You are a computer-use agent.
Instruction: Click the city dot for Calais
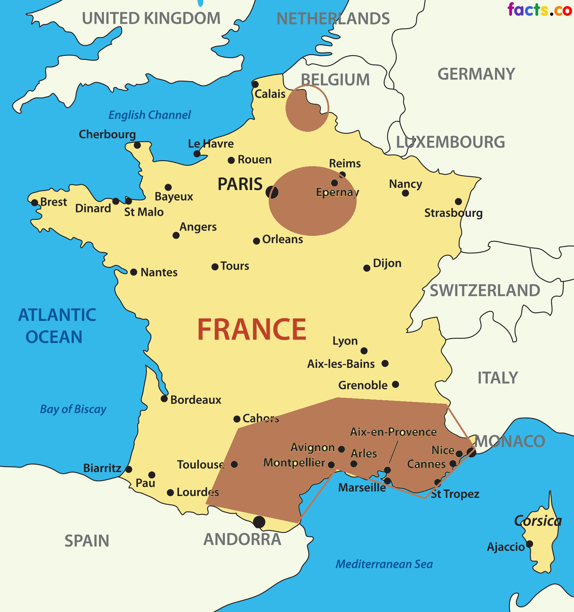[x=255, y=85]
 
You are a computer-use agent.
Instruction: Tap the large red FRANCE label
[x=252, y=330]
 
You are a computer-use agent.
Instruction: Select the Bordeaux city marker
[x=164, y=398]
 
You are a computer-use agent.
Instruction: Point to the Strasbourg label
[x=453, y=213]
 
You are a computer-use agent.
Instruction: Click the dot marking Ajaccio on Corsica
[x=530, y=544]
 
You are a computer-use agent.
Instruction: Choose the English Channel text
[x=150, y=115]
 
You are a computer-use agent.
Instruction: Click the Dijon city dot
[x=367, y=268]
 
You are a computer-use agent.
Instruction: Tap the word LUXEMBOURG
[x=450, y=142]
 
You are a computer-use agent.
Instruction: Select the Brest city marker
[x=35, y=203]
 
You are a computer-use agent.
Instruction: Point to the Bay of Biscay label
[x=73, y=409]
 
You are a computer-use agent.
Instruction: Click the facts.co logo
[x=539, y=10]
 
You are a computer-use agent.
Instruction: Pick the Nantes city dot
[x=133, y=272]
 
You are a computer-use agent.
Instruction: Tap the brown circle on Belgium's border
[x=307, y=109]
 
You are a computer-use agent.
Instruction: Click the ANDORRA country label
[x=242, y=539]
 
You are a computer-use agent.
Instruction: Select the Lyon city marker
[x=364, y=351]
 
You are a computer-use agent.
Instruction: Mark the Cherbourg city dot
[x=137, y=145]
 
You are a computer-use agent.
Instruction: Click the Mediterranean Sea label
[x=384, y=564]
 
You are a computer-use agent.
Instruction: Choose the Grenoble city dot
[x=395, y=384]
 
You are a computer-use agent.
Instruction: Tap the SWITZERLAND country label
[x=485, y=290]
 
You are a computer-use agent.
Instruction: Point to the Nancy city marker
[x=405, y=193]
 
